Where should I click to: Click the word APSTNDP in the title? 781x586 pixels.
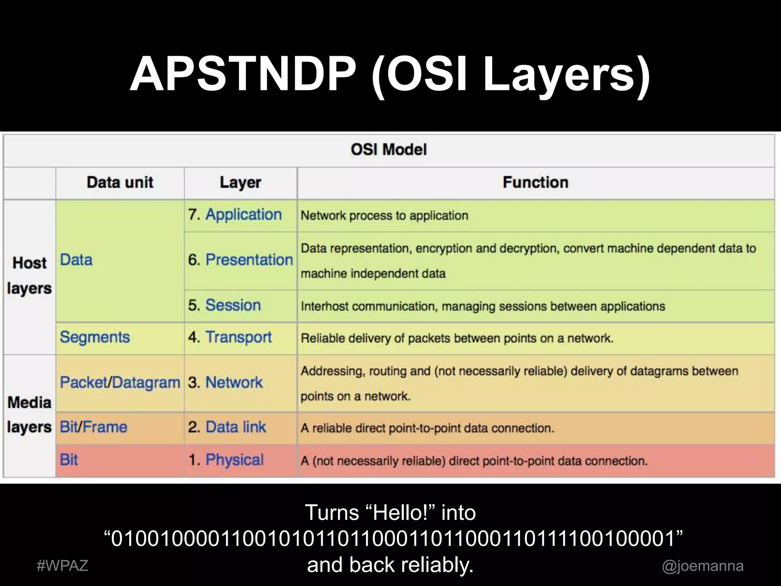(x=243, y=75)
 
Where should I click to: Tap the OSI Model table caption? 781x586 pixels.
(x=389, y=149)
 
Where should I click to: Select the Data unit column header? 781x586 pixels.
(x=120, y=182)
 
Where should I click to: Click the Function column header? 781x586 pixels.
(x=535, y=182)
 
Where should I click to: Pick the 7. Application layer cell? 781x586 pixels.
(x=235, y=215)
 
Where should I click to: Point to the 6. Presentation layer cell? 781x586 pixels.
(x=240, y=260)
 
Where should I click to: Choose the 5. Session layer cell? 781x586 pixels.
(x=225, y=305)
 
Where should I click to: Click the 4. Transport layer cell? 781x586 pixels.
(x=230, y=337)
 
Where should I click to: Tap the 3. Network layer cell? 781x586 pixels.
(x=225, y=382)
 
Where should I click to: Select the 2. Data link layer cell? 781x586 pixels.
(x=227, y=427)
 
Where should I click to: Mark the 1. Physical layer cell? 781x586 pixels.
(x=226, y=460)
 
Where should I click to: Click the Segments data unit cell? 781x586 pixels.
(x=95, y=337)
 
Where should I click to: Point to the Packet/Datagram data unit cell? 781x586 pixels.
(x=120, y=382)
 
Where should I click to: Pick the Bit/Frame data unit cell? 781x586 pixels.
(x=93, y=427)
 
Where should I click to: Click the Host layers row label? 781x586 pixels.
(x=29, y=275)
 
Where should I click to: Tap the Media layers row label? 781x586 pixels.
(x=29, y=415)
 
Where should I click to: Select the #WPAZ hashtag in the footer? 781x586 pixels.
(x=63, y=565)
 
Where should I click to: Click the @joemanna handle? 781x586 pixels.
(x=702, y=565)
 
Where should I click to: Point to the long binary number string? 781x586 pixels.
(x=393, y=538)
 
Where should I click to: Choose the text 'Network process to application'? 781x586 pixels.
(x=384, y=216)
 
